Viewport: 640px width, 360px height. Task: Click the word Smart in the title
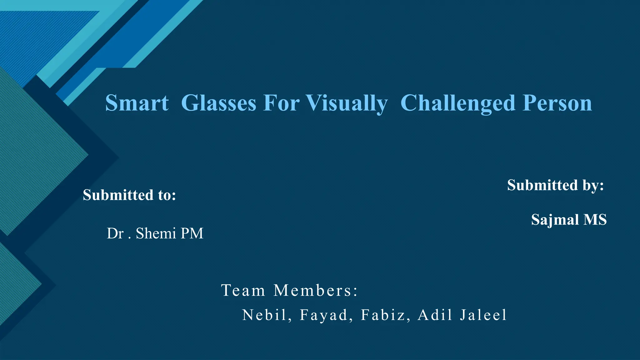(x=137, y=103)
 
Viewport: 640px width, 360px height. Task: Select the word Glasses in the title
(x=218, y=103)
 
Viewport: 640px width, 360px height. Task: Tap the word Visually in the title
(x=347, y=103)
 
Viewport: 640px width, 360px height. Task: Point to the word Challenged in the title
(x=458, y=103)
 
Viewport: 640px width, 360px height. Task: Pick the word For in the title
(x=281, y=103)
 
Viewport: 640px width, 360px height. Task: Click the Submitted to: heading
(x=129, y=195)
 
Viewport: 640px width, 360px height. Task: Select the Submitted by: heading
(x=555, y=185)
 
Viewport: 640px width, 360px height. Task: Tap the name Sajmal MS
(x=569, y=219)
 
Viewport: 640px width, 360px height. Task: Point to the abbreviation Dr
(x=115, y=233)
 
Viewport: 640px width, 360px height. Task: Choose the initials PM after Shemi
(x=192, y=233)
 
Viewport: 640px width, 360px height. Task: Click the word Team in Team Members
(x=243, y=290)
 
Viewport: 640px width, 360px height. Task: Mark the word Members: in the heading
(x=315, y=290)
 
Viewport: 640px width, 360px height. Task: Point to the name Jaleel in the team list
(x=483, y=315)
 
